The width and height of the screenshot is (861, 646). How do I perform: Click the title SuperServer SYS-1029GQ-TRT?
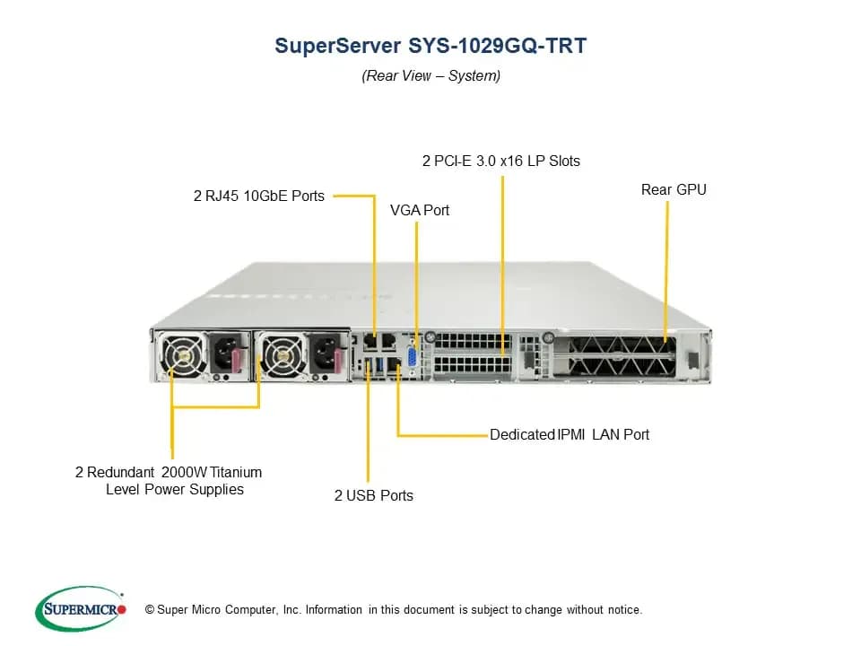click(x=430, y=46)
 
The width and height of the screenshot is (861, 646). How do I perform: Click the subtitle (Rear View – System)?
click(x=431, y=75)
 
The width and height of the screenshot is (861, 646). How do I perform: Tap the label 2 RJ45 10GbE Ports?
click(x=259, y=196)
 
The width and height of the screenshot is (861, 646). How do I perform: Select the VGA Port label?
click(x=420, y=210)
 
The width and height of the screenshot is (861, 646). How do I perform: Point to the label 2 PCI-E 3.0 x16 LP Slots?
click(x=500, y=161)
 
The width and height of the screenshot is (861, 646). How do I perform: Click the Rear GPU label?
click(x=674, y=189)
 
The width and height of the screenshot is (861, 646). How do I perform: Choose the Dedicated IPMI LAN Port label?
click(x=570, y=434)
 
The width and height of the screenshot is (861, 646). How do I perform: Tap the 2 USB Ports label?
click(x=374, y=495)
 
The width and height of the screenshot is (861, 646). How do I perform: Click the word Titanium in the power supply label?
click(x=236, y=473)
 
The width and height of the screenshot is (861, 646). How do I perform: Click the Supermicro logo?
click(x=81, y=608)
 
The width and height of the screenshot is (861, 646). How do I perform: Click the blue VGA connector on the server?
click(x=412, y=358)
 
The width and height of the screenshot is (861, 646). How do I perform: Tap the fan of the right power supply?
click(x=282, y=356)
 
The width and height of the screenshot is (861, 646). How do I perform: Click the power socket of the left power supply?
click(x=225, y=354)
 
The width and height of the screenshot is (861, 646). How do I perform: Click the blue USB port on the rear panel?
click(x=378, y=364)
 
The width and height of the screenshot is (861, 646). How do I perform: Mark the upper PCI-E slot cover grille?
click(x=473, y=341)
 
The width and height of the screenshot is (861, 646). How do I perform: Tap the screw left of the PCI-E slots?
click(x=430, y=336)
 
